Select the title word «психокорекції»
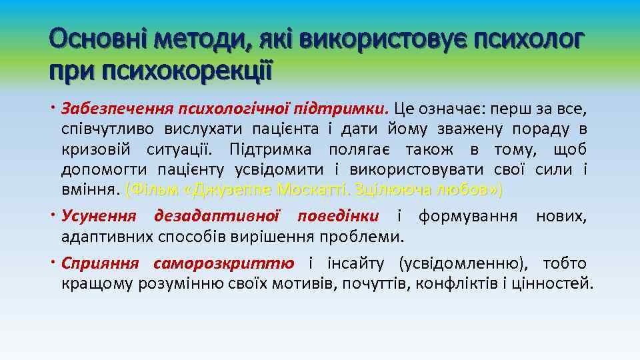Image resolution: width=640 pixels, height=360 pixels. point(187,70)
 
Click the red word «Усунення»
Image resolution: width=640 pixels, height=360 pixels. point(99,217)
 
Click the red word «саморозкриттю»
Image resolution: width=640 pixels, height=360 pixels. point(224,263)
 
